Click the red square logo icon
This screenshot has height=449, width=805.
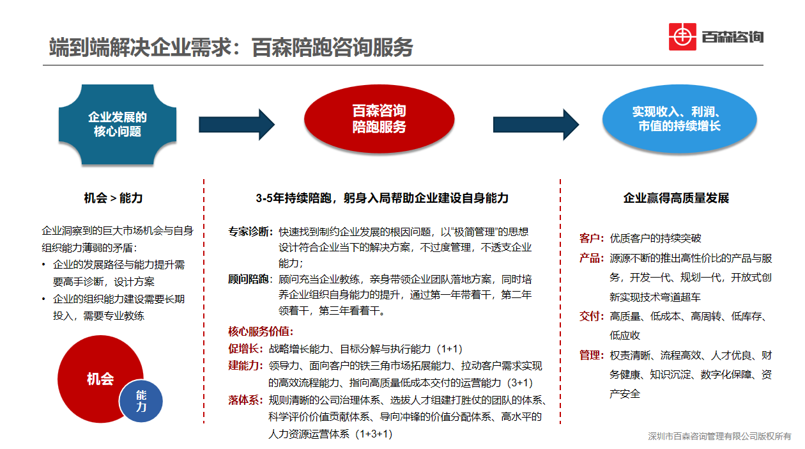point(682,36)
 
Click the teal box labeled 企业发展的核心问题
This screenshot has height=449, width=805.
point(118,125)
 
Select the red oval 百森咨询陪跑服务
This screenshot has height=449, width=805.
point(379,119)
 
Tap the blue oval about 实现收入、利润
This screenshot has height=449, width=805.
point(679,119)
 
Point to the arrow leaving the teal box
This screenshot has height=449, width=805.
point(237,125)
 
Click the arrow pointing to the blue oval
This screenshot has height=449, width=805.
point(536,125)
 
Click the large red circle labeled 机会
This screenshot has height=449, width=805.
point(100,379)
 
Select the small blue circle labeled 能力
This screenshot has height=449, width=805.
point(141,401)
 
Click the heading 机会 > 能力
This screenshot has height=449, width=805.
point(113,198)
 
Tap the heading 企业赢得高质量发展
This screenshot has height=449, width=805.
point(676,198)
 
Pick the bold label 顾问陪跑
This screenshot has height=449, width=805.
point(249,279)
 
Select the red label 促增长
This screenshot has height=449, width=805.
point(243,349)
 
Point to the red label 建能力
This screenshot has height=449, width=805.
point(243,366)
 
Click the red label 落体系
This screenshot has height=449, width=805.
point(243,400)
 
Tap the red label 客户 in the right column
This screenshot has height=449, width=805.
point(589,238)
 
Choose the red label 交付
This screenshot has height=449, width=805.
point(589,316)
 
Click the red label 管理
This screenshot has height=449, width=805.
point(589,356)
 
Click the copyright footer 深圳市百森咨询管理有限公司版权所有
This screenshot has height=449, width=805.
point(719,436)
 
